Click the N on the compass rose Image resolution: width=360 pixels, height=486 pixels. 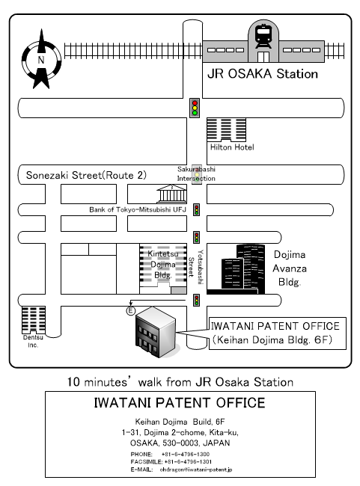pos(41,60)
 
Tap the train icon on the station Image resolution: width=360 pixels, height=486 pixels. pos(263,37)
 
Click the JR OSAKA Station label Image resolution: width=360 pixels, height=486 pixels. pos(263,74)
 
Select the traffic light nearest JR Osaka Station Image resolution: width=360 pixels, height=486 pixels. pos(195,108)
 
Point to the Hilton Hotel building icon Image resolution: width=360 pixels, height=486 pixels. pos(226,129)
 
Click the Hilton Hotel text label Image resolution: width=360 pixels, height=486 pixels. pos(232,147)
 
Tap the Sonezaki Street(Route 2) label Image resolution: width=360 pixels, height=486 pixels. pos(86,175)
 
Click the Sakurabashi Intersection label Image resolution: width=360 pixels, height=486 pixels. pos(196,174)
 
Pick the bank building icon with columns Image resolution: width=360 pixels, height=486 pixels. pos(171,194)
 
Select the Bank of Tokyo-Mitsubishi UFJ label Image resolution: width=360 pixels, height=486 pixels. pos(138,210)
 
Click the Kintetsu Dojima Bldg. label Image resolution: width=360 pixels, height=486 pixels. pos(163,265)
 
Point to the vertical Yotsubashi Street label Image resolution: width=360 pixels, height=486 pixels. pos(196,267)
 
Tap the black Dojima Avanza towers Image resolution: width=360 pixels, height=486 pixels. pos(243,269)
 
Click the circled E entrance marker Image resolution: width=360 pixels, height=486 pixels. pos(131,310)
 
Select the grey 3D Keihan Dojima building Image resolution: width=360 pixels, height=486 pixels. pos(156,332)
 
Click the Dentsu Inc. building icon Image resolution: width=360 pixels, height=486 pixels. pos(34,320)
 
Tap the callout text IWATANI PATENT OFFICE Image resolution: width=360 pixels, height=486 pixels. pos(275,326)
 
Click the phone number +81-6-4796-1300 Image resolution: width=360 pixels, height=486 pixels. pos(186,454)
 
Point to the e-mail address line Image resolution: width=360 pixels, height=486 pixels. pos(181,470)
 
